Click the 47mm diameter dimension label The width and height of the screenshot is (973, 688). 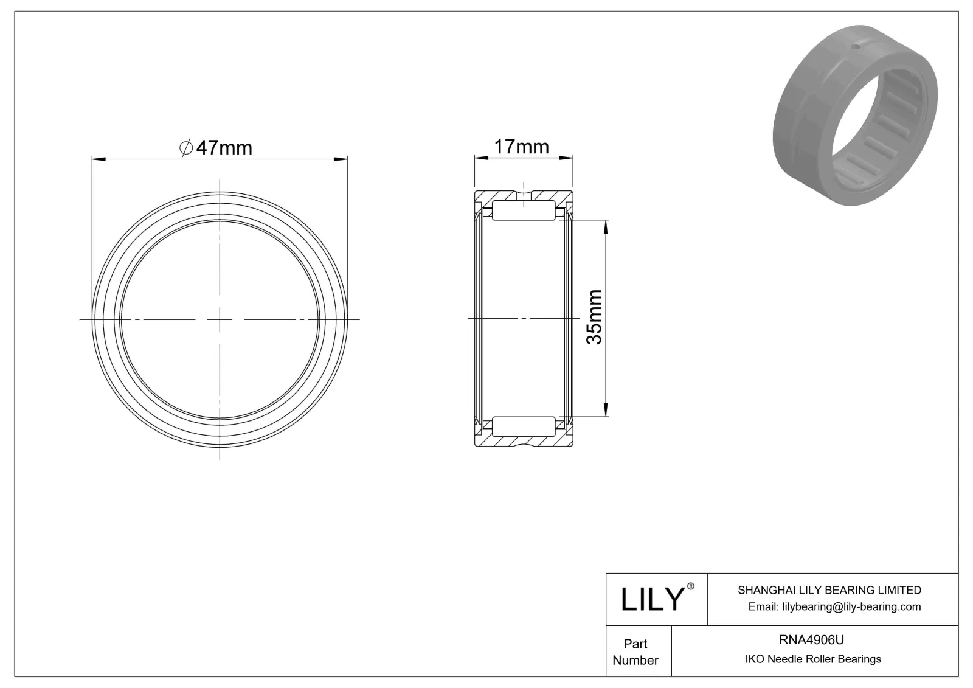tap(224, 148)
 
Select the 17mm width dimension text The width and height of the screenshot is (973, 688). tap(521, 147)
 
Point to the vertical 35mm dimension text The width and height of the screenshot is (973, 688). tap(594, 317)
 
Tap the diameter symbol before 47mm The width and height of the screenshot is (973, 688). tap(187, 148)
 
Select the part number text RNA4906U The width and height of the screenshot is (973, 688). tap(811, 639)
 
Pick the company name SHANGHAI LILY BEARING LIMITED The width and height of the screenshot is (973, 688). tap(829, 590)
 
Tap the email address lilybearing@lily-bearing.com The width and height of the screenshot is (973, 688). tap(834, 606)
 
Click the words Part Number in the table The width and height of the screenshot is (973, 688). tap(635, 652)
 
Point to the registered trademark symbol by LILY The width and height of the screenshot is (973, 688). tap(691, 587)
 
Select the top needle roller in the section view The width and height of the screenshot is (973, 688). tap(524, 210)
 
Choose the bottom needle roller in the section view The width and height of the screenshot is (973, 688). tap(524, 426)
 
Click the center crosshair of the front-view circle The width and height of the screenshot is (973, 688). tap(220, 319)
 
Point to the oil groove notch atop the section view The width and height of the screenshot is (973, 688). tap(524, 195)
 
